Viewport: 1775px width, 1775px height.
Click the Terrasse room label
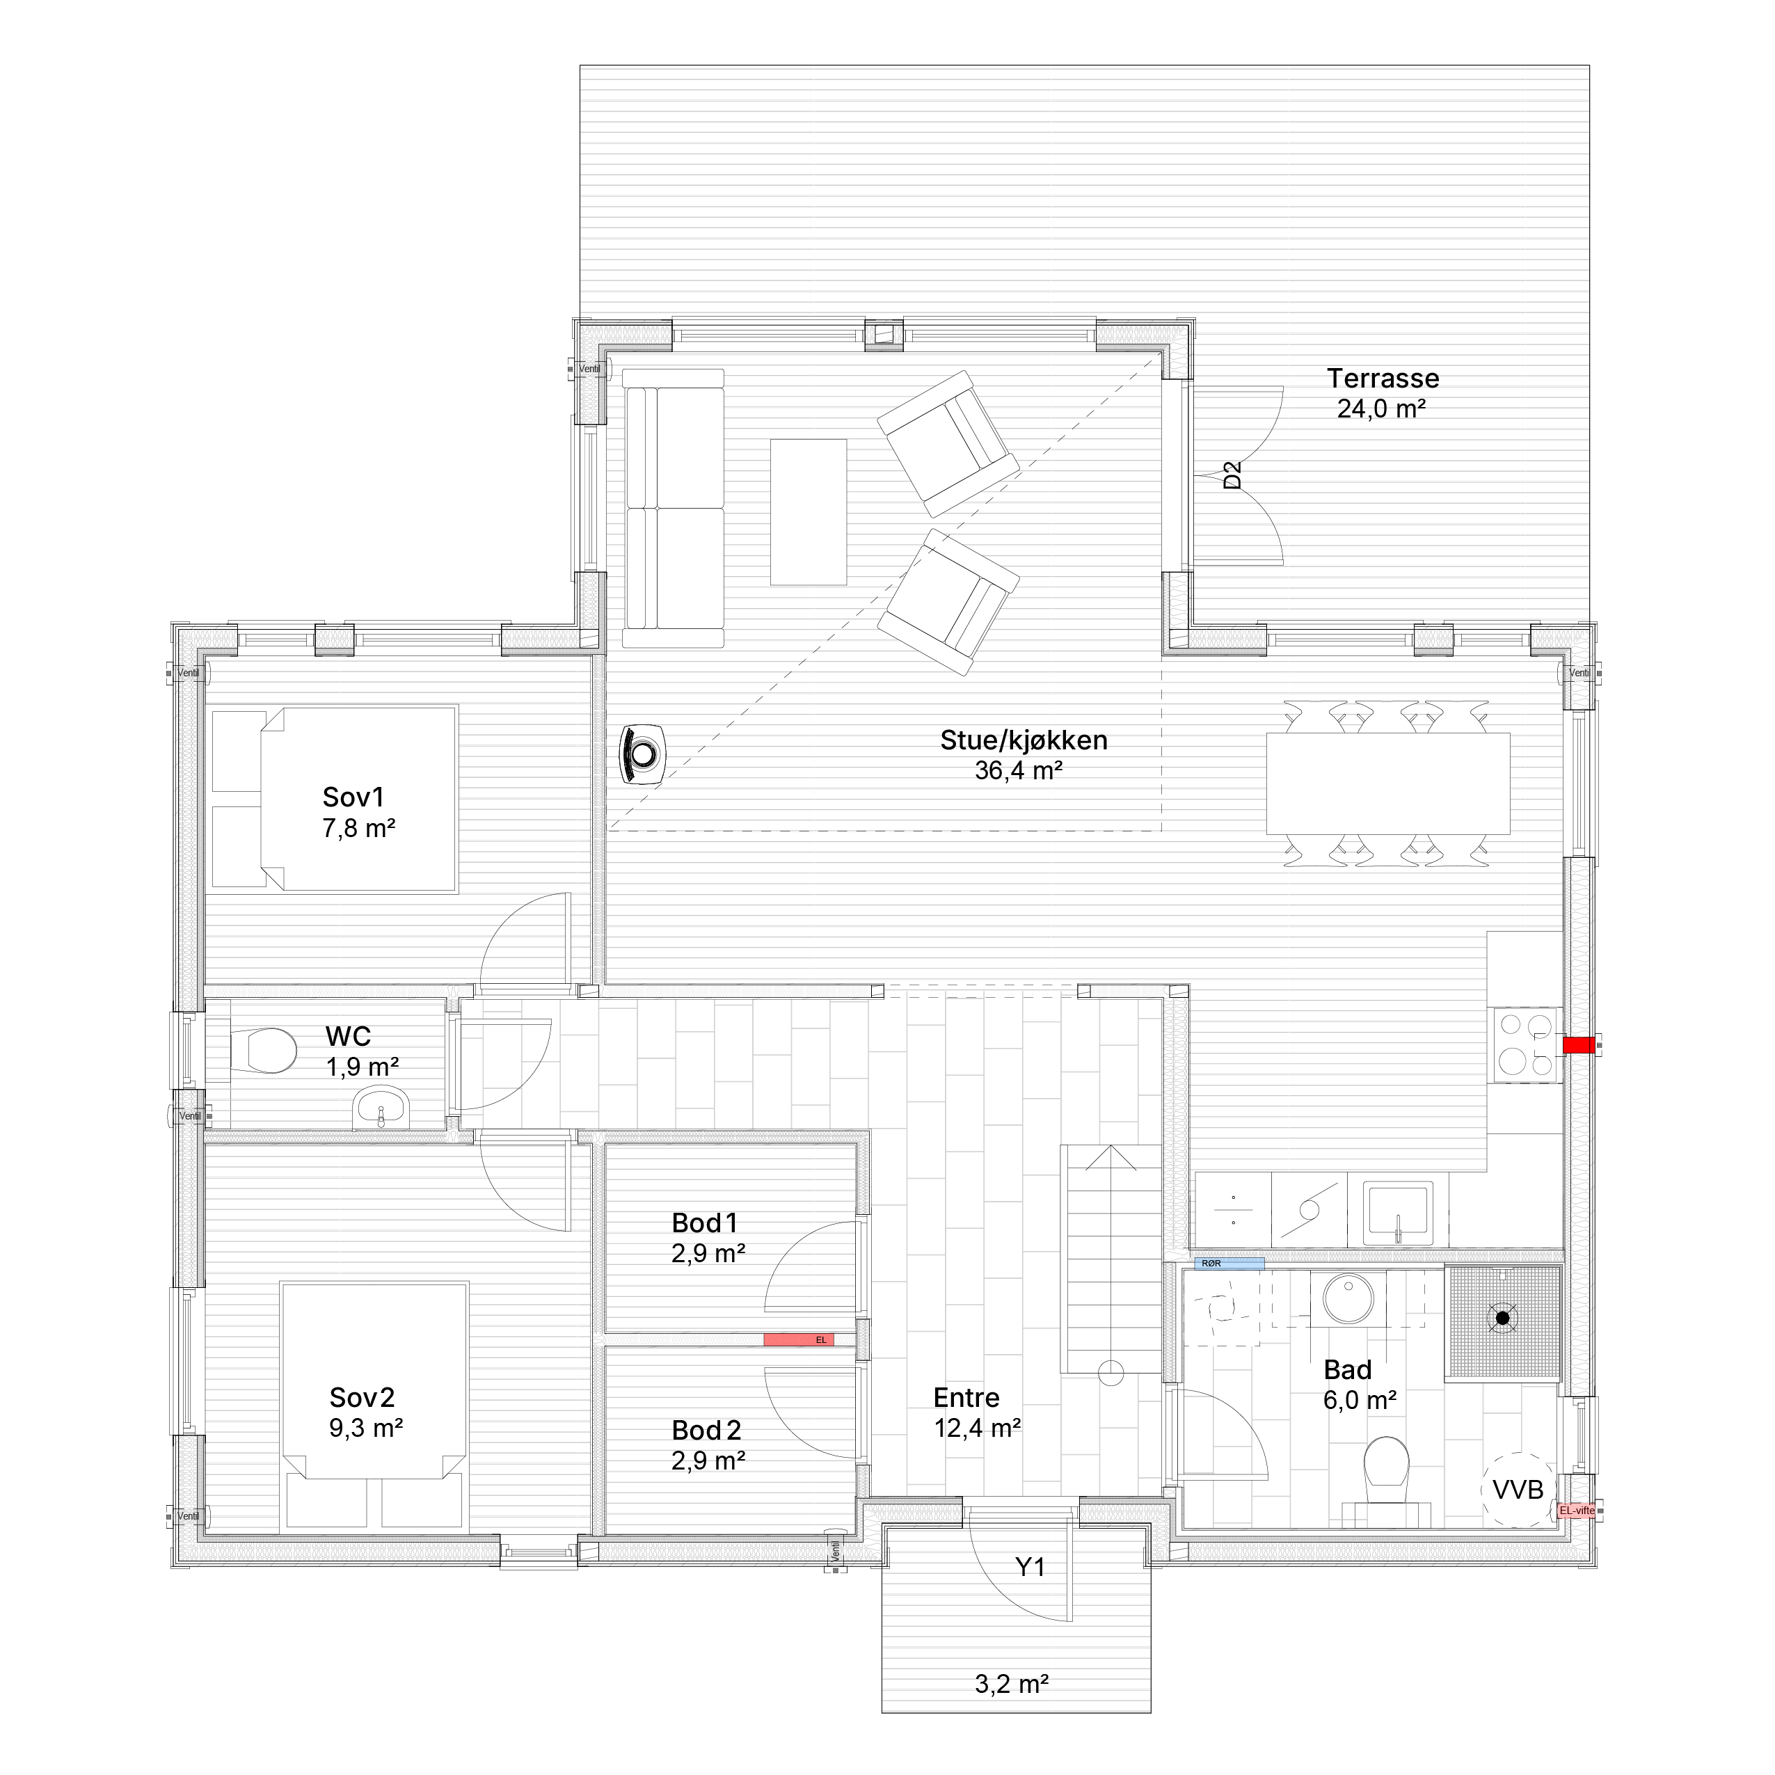(1382, 378)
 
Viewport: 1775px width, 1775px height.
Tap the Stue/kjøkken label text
(1024, 740)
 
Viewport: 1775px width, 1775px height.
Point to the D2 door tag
(1233, 475)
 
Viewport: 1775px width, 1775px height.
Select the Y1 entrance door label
(1030, 1566)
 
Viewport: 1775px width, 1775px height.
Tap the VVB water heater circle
(1518, 1489)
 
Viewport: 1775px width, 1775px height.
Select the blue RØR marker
(1227, 1264)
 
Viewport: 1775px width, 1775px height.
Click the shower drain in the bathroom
(1502, 1319)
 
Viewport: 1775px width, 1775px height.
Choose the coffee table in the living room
(809, 511)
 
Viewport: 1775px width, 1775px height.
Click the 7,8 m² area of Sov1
(358, 829)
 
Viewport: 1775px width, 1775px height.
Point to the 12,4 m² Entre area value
(978, 1428)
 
